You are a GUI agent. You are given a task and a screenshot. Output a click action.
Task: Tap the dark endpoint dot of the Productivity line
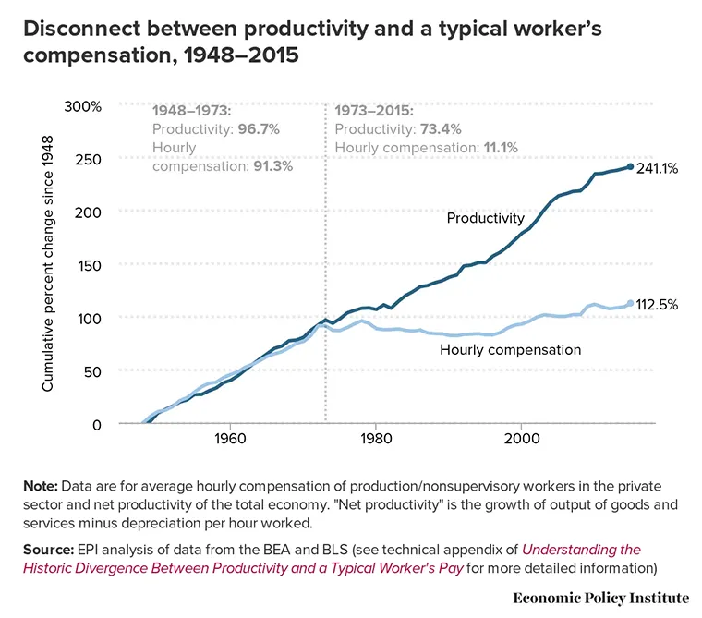coord(630,167)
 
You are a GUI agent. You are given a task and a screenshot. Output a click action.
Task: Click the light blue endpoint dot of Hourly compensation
coord(630,303)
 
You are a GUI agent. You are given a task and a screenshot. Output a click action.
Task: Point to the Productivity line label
coord(485,219)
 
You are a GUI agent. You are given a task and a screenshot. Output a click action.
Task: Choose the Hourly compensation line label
coord(510,350)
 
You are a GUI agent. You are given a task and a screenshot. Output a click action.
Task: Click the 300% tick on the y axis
coord(82,106)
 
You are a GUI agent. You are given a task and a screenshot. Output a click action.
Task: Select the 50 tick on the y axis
coord(91,370)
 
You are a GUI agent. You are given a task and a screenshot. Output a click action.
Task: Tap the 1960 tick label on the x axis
coord(228,439)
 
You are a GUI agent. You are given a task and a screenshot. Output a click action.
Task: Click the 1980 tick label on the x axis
coord(375,439)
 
